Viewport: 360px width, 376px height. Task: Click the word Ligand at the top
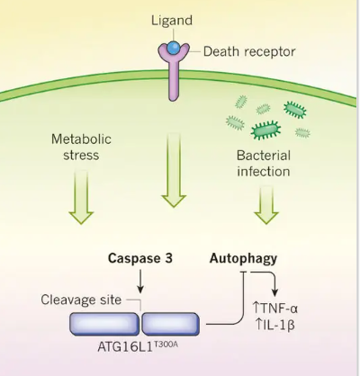(x=173, y=18)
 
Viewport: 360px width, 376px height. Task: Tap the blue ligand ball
(x=173, y=45)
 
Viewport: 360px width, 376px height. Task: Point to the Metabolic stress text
(x=77, y=148)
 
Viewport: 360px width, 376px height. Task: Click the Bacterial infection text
(x=263, y=162)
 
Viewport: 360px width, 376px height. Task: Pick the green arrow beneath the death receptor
(x=173, y=181)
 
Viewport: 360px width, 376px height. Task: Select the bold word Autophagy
(x=243, y=258)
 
